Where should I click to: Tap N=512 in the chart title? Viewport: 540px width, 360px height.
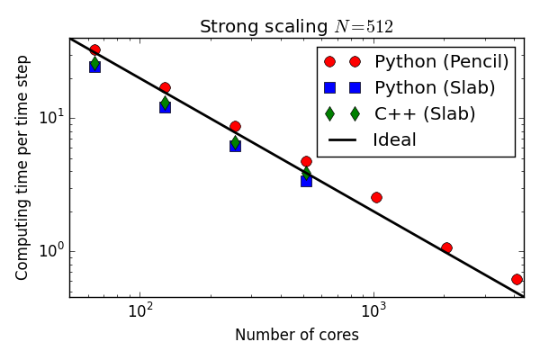point(364,27)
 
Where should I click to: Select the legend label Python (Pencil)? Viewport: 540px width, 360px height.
point(442,62)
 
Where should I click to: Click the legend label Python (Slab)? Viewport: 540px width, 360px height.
point(435,88)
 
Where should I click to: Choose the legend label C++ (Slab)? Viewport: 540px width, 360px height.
point(425,114)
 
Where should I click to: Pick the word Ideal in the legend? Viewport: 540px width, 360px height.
point(394,140)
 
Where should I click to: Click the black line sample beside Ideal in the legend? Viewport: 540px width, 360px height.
point(343,140)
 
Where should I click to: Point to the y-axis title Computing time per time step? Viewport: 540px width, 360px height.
point(22,167)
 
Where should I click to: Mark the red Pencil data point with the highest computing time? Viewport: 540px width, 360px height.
point(94,50)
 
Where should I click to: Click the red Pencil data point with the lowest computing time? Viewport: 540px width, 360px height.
point(517,280)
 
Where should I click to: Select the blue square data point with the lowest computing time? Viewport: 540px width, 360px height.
point(306,181)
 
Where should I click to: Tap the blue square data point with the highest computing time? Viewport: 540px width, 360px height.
point(94,67)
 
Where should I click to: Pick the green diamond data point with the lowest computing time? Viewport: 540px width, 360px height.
point(306,173)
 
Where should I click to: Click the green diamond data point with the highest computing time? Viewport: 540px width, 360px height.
point(94,62)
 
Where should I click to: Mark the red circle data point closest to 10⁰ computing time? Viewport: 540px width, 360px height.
point(446,247)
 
